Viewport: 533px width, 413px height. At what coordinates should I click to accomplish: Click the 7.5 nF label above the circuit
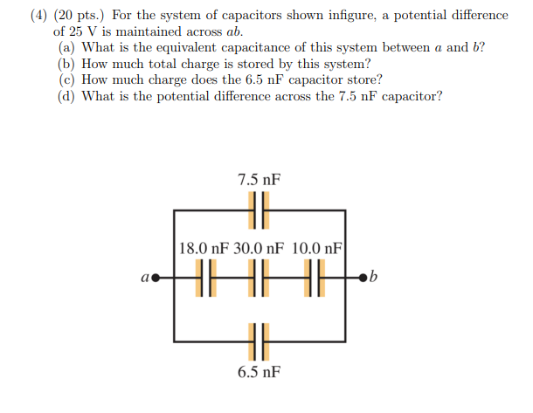coord(260,181)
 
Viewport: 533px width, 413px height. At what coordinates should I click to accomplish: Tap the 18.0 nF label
coord(204,248)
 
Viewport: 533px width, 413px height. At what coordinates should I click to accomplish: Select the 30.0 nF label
coord(259,248)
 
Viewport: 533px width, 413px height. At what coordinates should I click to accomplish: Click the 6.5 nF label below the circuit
coord(260,372)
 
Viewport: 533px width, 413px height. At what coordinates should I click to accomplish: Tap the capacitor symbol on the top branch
coord(260,210)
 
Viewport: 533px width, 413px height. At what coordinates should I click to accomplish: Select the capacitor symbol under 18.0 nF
coord(204,279)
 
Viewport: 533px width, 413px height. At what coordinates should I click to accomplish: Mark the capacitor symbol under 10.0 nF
coord(315,279)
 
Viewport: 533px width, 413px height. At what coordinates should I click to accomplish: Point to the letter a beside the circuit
coord(146,279)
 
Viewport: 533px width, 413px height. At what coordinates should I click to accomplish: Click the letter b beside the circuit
coord(374,279)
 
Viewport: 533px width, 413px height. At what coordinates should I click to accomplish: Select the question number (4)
coord(43,16)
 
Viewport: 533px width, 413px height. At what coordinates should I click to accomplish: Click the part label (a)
coord(66,47)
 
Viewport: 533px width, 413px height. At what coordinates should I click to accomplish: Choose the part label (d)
coord(66,96)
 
